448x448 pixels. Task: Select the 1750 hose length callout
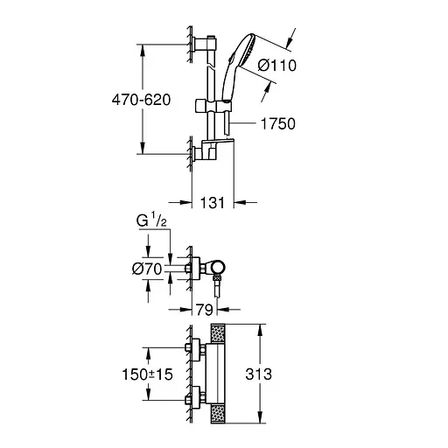pos(278,124)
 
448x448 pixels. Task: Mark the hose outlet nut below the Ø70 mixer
pos(215,283)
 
